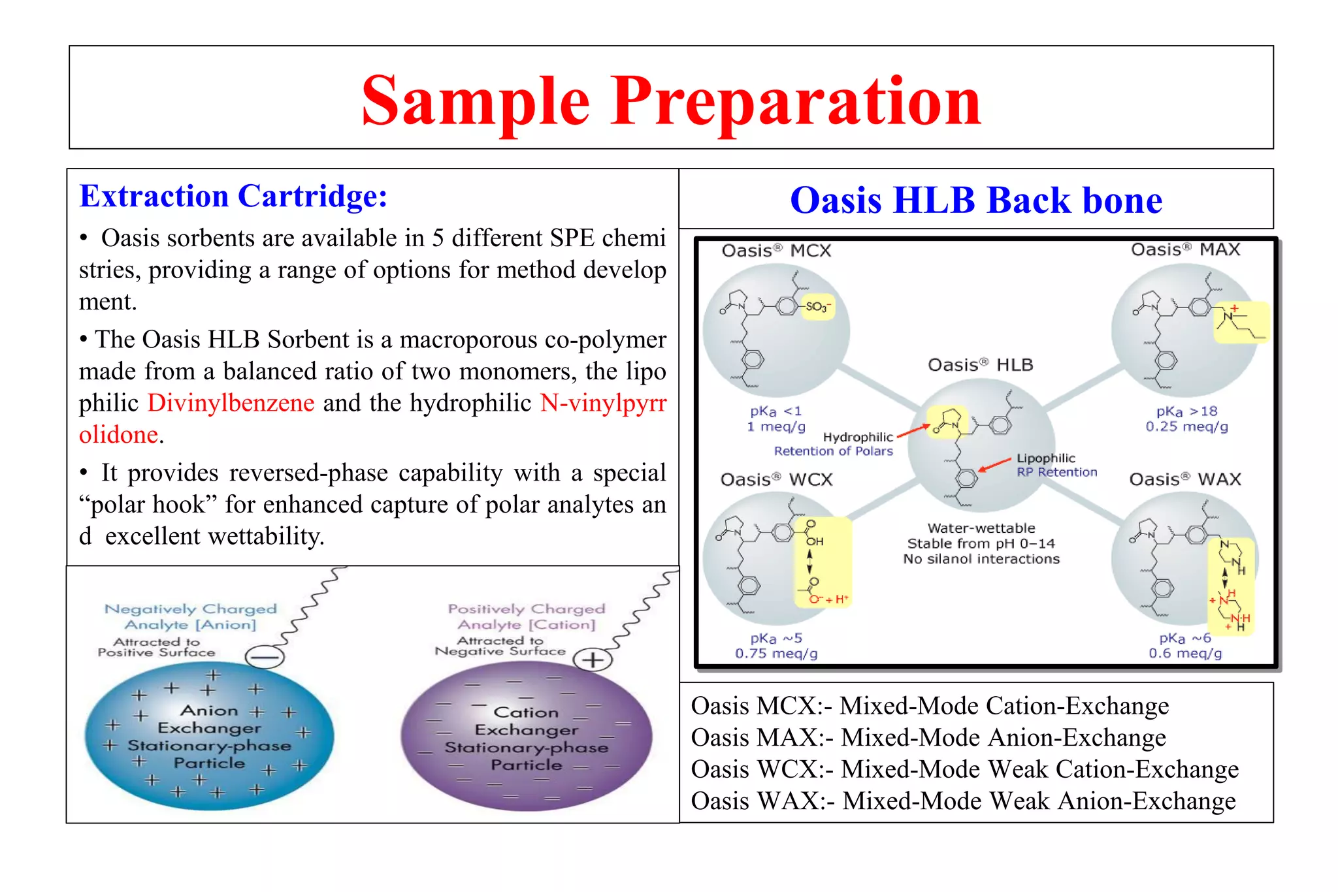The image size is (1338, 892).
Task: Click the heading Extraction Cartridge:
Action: click(x=233, y=196)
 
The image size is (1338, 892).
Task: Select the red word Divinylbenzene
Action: click(x=231, y=403)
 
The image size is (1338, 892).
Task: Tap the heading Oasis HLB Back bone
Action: click(x=975, y=200)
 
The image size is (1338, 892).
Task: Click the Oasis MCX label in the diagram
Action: click(x=775, y=251)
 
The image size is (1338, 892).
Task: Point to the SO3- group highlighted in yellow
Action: click(x=817, y=306)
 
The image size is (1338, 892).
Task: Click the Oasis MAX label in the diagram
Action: click(x=1184, y=249)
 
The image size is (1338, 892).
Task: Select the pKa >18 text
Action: click(x=1186, y=411)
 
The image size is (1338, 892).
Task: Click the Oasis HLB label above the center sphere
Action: click(x=980, y=365)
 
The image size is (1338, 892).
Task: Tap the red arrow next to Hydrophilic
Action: click(x=913, y=431)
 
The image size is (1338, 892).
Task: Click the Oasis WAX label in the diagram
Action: click(x=1184, y=479)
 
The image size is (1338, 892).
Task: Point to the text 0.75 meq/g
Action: click(x=775, y=654)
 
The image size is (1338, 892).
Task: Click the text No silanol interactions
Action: click(x=981, y=559)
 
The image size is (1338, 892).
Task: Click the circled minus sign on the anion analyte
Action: click(x=265, y=656)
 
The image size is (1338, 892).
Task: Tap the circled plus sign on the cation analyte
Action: click(x=593, y=660)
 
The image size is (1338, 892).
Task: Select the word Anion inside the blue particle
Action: click(x=209, y=710)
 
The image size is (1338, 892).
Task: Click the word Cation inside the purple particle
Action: click(x=526, y=712)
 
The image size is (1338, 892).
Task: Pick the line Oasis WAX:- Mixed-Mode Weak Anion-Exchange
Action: click(x=963, y=801)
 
